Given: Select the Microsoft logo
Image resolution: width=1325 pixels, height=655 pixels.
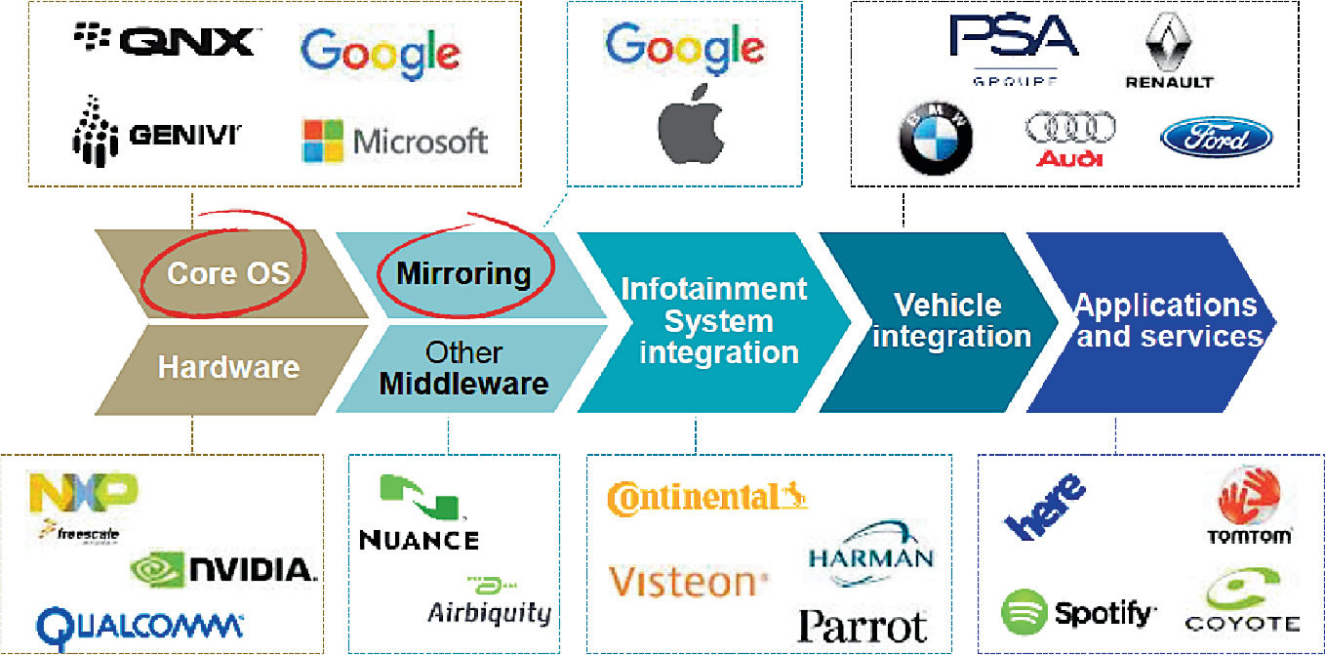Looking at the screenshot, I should click(x=394, y=141).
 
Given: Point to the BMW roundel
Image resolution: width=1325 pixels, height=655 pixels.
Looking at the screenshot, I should click(x=936, y=138).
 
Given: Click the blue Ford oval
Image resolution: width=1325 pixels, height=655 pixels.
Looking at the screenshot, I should click(x=1216, y=138).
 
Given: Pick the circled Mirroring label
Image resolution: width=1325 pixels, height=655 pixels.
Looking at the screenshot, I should click(x=463, y=273).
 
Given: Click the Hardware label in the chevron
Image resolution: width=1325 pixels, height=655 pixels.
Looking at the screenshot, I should click(x=228, y=367).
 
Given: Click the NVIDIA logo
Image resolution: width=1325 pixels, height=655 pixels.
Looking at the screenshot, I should click(x=223, y=568).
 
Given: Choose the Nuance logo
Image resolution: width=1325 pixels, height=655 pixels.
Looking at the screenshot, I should click(x=420, y=512).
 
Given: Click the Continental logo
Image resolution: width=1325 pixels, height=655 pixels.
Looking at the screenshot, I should click(x=706, y=497).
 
